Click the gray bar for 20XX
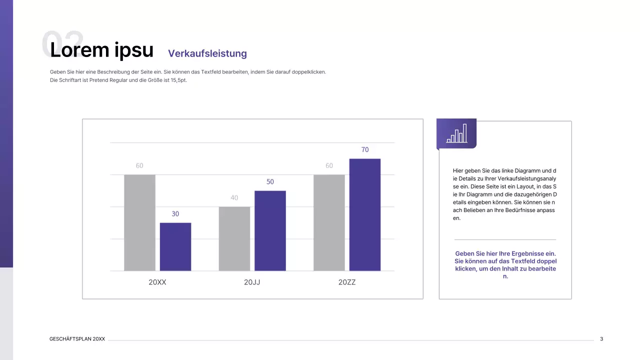pos(139,222)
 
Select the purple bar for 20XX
pos(175,246)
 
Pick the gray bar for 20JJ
pos(234,238)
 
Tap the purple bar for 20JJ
pos(270,230)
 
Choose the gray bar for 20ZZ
pos(329,222)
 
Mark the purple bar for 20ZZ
pos(365,214)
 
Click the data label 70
pos(365,150)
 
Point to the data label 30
pos(175,214)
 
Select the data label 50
pos(270,182)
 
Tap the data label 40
pos(234,198)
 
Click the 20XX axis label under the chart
pos(157,282)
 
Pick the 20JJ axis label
pos(252,282)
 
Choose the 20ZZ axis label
pos(347,282)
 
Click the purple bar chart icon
pos(456,133)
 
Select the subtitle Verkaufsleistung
pos(207,53)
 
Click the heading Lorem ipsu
pos(102,50)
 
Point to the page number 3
pos(601,339)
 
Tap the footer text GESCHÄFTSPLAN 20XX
pos(77,339)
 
